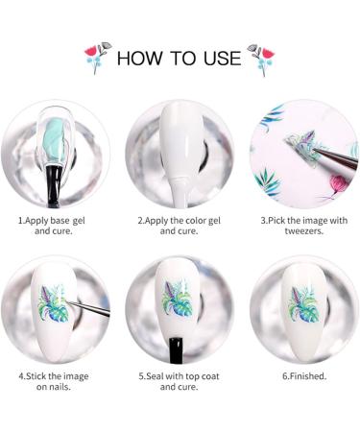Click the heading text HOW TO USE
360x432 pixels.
coord(179,58)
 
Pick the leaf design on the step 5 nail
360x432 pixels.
coord(179,298)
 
